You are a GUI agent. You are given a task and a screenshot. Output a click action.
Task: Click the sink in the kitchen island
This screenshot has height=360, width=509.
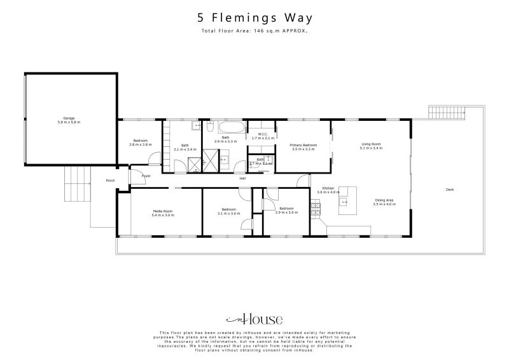point(344,203)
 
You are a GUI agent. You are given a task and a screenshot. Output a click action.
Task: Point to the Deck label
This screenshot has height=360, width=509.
point(450,189)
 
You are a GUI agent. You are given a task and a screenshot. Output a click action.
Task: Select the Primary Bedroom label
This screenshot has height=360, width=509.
point(303,145)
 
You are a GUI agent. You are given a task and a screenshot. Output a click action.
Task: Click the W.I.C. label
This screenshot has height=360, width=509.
point(262,134)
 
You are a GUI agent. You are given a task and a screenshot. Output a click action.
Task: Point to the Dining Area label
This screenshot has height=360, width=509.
point(384,200)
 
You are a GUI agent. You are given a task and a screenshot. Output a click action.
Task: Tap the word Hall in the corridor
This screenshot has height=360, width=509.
point(242,178)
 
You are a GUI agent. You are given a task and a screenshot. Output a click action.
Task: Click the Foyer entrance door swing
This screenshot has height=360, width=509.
point(137,174)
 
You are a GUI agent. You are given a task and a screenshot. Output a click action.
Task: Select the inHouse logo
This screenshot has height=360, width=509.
point(254,319)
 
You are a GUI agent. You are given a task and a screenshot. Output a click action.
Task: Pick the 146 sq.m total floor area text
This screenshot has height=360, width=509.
point(254,31)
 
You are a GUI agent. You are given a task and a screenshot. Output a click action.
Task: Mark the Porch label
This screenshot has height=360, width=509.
point(109,181)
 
